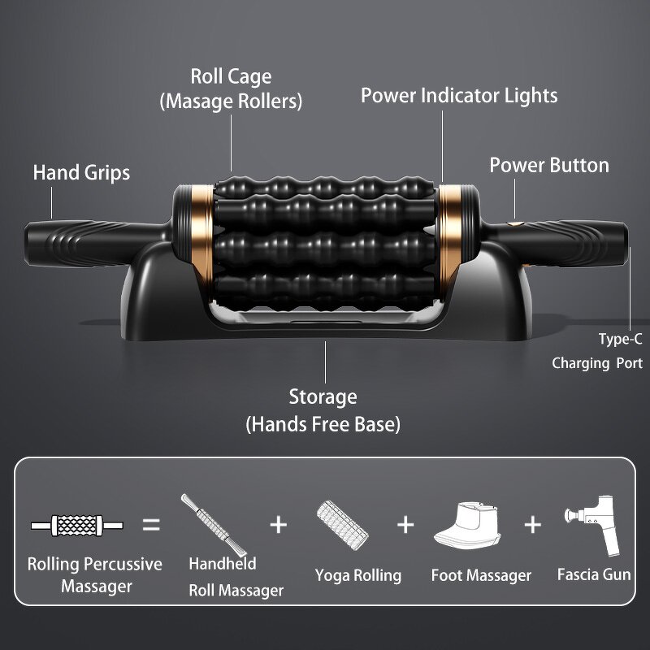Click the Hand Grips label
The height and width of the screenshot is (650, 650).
81,173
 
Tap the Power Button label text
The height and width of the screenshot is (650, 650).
548,166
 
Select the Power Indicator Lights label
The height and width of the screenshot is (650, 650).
459,96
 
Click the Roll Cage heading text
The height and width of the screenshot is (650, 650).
231,77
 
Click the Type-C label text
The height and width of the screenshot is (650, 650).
620,340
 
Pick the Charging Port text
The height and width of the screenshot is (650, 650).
597,363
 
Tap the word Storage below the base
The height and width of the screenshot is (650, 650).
323,397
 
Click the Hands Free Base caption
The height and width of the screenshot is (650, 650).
323,423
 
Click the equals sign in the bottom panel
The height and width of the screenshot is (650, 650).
152,525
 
